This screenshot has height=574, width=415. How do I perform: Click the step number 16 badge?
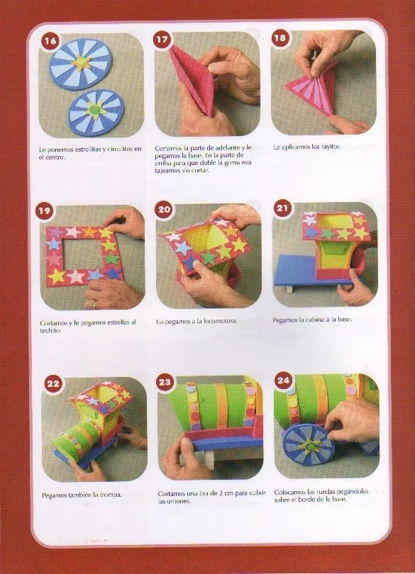50,40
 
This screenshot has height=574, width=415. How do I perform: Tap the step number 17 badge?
162,40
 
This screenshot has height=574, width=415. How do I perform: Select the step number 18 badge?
280,38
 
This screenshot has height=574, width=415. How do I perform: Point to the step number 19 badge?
44,211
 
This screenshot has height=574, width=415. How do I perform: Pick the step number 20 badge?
165,209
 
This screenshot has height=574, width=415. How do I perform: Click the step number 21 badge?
282,208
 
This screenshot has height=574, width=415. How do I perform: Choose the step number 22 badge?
53,383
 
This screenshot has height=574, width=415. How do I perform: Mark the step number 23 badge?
165,382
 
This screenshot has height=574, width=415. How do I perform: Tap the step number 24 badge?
283,381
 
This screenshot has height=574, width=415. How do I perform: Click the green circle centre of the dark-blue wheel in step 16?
96,108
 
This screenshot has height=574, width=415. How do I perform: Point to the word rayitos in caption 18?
331,147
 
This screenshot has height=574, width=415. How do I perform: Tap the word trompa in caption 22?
111,495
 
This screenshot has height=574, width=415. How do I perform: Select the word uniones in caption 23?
179,501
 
